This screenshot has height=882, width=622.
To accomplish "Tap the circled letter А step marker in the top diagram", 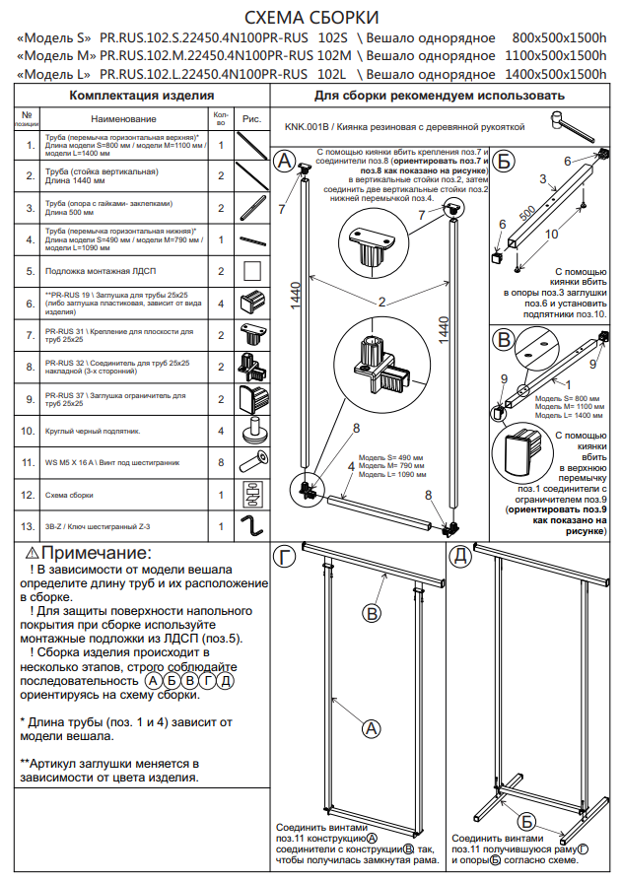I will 285,162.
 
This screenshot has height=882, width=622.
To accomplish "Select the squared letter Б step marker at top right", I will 504,161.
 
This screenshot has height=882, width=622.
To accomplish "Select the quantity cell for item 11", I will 221,461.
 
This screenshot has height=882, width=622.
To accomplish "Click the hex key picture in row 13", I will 253,525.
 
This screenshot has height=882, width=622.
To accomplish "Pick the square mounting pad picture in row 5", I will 253,270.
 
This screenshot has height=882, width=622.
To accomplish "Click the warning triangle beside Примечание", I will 33,554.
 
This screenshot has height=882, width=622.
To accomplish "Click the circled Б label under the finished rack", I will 527,821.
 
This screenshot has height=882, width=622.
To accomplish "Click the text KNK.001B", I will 305,127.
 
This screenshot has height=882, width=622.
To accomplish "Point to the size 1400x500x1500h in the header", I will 559,74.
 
